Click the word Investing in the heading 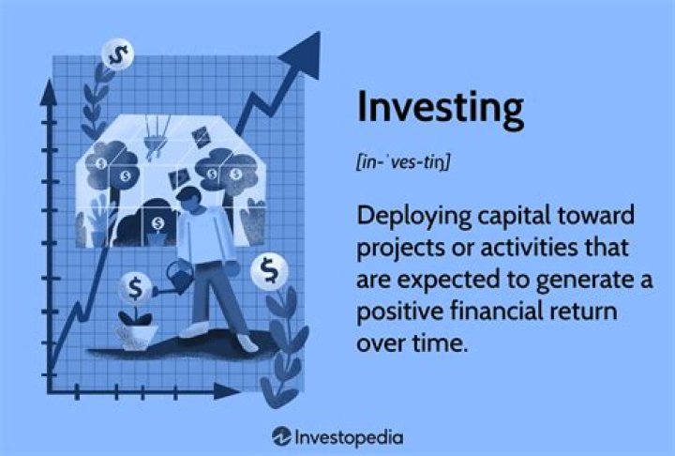coord(440,109)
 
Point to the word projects coord(397,249)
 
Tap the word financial coord(489,311)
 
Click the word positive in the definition coord(393,311)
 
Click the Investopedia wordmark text coord(350,436)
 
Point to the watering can coord(179,275)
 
